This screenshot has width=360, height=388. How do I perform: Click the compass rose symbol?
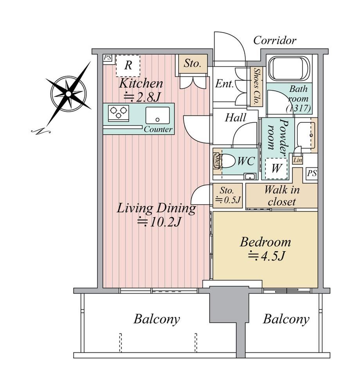coord(68,94)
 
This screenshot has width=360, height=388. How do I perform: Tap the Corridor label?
coord(275,40)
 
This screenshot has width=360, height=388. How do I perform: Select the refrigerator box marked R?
coord(128,66)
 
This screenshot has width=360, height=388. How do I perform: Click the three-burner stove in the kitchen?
coord(119,113)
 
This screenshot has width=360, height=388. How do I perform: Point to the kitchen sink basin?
coord(157,115)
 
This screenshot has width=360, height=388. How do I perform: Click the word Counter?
coord(158,129)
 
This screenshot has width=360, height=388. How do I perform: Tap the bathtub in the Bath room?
coord(289,68)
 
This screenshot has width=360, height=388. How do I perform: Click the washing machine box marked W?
coord(276,169)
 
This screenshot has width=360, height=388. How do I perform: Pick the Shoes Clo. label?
coord(255,86)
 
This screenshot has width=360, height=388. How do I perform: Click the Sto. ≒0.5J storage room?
coord(227,196)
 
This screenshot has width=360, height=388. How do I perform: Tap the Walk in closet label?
coord(282,196)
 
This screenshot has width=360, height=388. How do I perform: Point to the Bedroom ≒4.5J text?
coord(265,249)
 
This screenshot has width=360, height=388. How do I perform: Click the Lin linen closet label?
coord(298,160)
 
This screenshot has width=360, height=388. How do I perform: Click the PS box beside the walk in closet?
coord(312,173)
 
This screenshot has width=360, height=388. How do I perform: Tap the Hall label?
coord(236,118)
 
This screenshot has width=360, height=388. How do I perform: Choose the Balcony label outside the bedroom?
coord(286,319)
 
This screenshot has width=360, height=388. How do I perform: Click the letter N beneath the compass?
coord(41,131)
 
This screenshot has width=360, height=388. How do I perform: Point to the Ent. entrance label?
coord(224,84)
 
